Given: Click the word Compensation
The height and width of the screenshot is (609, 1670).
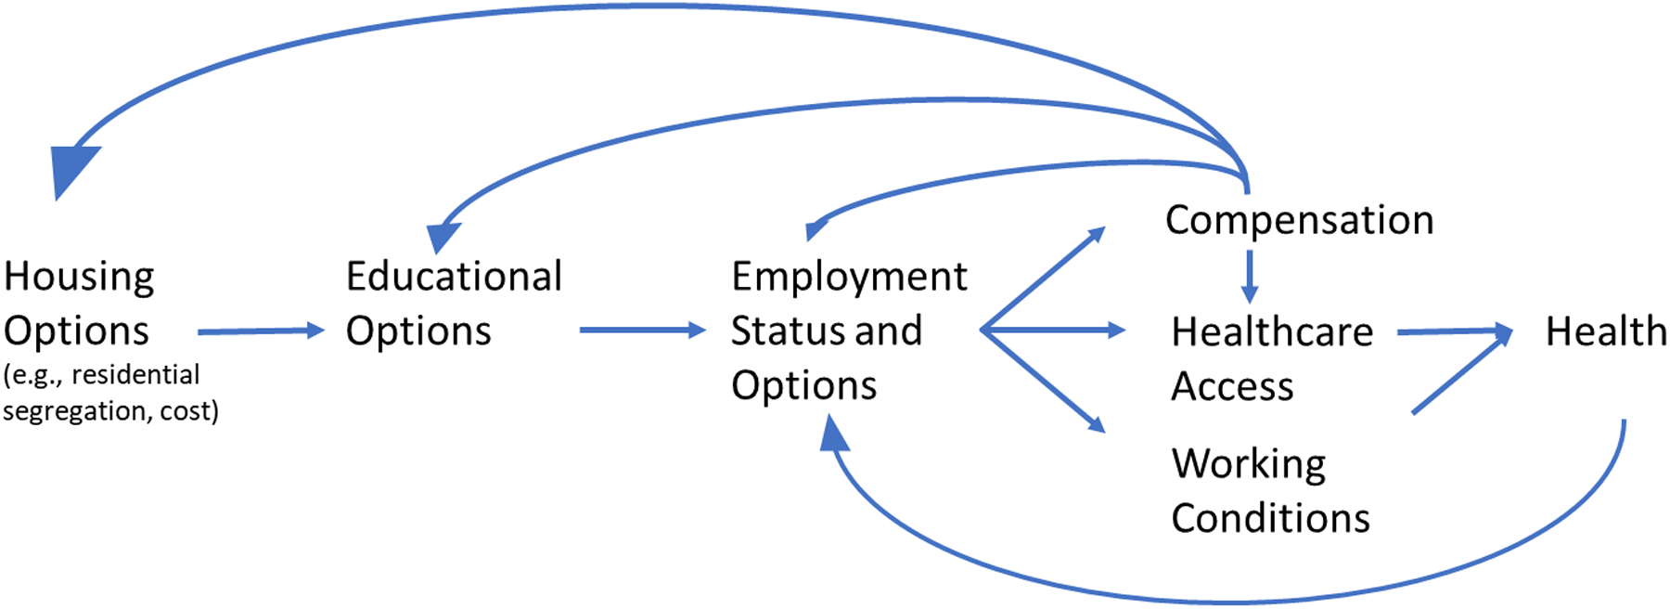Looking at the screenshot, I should pyautogui.click(x=1299, y=221).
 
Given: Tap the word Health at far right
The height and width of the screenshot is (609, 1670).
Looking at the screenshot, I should pyautogui.click(x=1605, y=331).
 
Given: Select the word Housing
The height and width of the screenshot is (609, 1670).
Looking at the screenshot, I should pyautogui.click(x=79, y=278).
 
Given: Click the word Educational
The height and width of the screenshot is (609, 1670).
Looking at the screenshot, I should pyautogui.click(x=454, y=277).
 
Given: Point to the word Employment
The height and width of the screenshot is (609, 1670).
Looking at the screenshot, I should pyautogui.click(x=849, y=277).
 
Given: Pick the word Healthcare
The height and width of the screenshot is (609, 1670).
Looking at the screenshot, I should pyautogui.click(x=1272, y=331).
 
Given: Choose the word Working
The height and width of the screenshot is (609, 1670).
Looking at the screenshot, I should pyautogui.click(x=1249, y=463).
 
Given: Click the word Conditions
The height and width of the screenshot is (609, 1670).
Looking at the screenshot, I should pyautogui.click(x=1270, y=518).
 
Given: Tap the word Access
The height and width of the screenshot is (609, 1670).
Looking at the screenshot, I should pyautogui.click(x=1232, y=386).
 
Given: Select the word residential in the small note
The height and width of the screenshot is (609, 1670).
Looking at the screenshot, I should pyautogui.click(x=135, y=375).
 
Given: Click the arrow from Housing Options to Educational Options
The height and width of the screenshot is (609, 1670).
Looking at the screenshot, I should pyautogui.click(x=261, y=330).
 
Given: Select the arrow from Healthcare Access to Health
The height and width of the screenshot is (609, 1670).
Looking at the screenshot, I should pyautogui.click(x=1453, y=331).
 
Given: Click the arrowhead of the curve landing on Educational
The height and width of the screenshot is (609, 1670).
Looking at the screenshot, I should pyautogui.click(x=443, y=236).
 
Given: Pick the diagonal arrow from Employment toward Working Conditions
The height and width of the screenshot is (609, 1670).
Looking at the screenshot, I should pyautogui.click(x=1044, y=381).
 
